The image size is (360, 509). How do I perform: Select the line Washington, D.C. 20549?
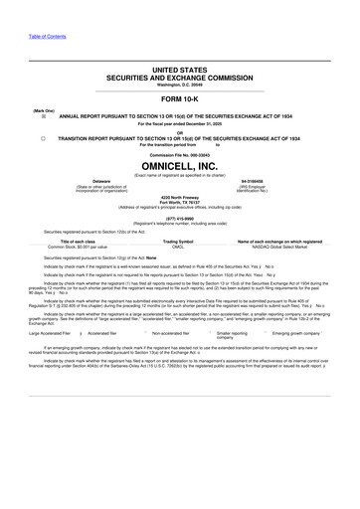pos(179,84)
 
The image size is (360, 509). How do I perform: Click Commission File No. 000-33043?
pos(179,155)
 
